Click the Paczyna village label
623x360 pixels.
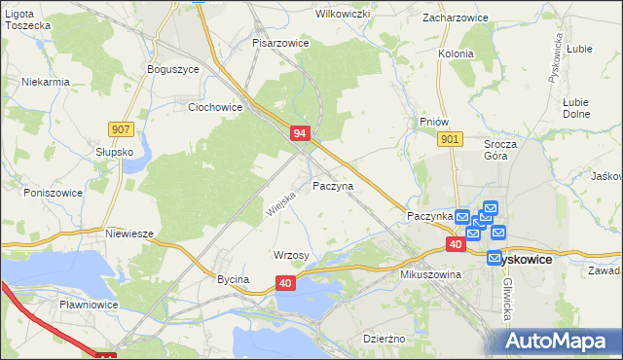[x=333, y=185]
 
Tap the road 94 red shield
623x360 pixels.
[x=300, y=133]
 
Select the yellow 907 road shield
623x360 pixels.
[x=121, y=129]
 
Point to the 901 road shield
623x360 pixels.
[x=449, y=140]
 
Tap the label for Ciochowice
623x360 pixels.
[x=215, y=107]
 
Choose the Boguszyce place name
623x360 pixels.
[x=172, y=69]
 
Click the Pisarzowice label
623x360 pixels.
[x=280, y=44]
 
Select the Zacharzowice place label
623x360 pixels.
[x=455, y=18]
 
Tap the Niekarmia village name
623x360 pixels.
[x=46, y=82]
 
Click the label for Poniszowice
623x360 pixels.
[x=43, y=193]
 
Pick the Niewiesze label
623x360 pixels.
[x=130, y=234]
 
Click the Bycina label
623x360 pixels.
[x=234, y=279]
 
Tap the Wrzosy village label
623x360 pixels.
[x=291, y=255]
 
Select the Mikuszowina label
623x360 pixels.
[x=429, y=274]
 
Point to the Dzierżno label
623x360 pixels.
[x=383, y=339]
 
